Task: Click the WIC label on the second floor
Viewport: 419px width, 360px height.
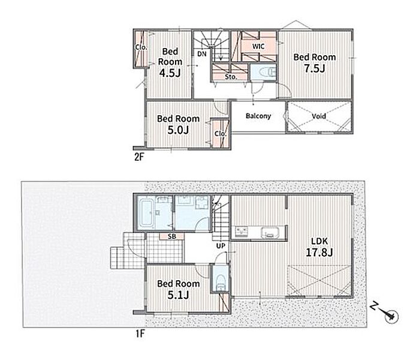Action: pyautogui.click(x=258, y=47)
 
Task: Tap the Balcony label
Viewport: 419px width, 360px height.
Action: pyautogui.click(x=258, y=116)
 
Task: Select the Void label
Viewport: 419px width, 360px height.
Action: pyautogui.click(x=319, y=116)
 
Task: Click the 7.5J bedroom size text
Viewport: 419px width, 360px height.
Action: pyautogui.click(x=315, y=69)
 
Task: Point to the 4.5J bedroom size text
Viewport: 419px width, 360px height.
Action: pyautogui.click(x=170, y=73)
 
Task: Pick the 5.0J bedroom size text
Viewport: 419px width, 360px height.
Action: pyautogui.click(x=178, y=130)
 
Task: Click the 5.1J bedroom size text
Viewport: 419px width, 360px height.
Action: pyautogui.click(x=178, y=295)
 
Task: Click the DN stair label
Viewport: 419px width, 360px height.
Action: pyautogui.click(x=202, y=54)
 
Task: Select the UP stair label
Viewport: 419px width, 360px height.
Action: pyautogui.click(x=221, y=245)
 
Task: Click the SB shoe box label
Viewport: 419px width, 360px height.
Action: pyautogui.click(x=172, y=237)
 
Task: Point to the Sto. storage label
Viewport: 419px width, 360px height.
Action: pyautogui.click(x=231, y=77)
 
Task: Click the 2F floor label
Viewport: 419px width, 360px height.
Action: pyautogui.click(x=139, y=157)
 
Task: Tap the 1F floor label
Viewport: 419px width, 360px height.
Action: pyautogui.click(x=140, y=334)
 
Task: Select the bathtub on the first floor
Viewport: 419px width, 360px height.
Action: pyautogui.click(x=146, y=213)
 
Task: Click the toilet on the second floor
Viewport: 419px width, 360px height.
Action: pyautogui.click(x=267, y=72)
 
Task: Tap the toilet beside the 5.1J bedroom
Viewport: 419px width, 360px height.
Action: pyautogui.click(x=221, y=283)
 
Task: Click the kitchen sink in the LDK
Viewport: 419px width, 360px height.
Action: pyautogui.click(x=270, y=232)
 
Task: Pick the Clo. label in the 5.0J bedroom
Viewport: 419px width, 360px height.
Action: pyautogui.click(x=221, y=133)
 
